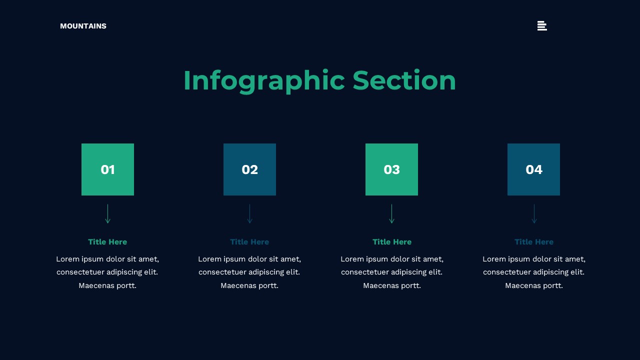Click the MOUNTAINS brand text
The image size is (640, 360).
coord(83,26)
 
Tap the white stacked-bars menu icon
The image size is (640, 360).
coord(542,26)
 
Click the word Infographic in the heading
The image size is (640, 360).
coord(263,80)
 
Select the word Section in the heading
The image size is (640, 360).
coord(404,80)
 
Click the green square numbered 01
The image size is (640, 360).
coord(107,169)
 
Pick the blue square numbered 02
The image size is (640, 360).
coord(249,169)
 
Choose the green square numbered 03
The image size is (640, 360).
coord(391,169)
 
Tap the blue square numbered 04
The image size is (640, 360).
coord(533,169)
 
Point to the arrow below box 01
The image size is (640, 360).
coord(107,214)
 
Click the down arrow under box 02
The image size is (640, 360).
coord(249,214)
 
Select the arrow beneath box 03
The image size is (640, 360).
coord(391,214)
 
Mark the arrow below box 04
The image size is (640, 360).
coord(534,214)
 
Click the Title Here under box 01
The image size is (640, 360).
coord(107,242)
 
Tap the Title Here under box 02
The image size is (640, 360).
coord(249,242)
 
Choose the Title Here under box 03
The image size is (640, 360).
coord(392,242)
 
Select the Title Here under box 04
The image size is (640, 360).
coord(534,242)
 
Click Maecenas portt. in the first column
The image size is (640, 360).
coord(107,285)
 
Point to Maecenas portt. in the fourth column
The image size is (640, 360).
coord(534,285)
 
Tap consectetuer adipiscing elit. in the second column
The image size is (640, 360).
coord(249,272)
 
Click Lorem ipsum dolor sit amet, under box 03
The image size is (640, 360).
coord(392,259)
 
